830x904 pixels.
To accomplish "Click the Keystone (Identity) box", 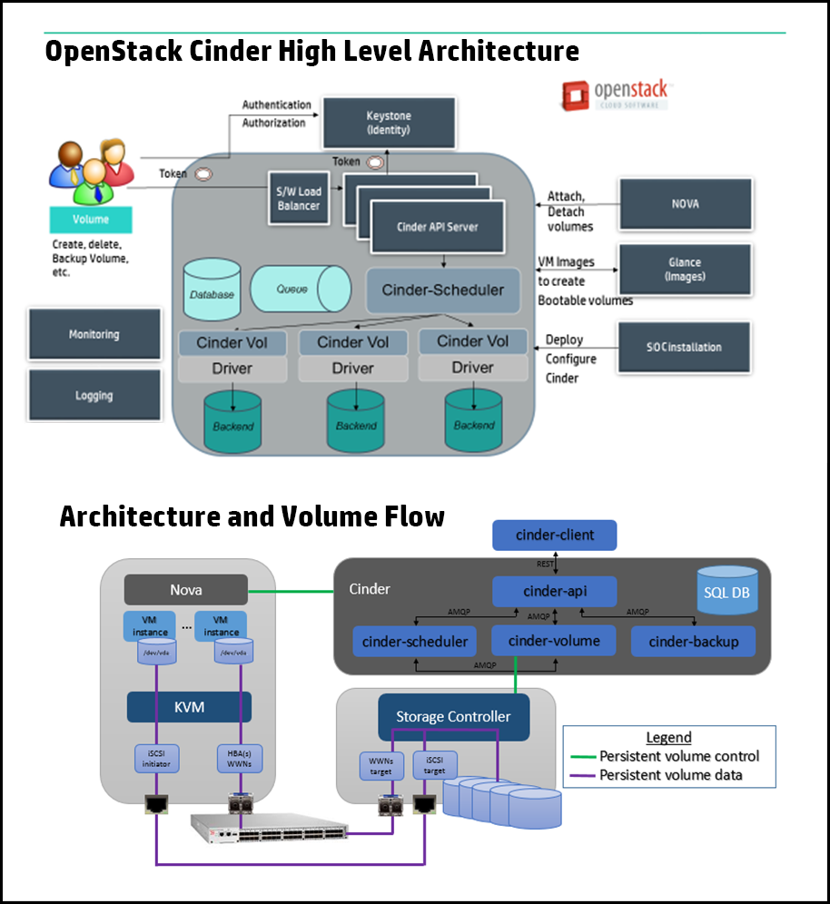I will (x=388, y=123).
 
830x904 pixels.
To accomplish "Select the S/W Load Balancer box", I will (x=299, y=199).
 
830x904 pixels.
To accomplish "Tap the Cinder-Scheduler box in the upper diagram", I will (x=442, y=290).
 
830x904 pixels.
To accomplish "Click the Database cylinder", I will (x=212, y=290).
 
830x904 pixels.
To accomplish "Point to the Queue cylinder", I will (x=300, y=290).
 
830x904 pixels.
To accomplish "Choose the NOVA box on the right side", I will (x=686, y=204).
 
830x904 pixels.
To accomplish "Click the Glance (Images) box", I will (x=685, y=270).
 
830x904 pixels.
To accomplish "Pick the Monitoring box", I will (x=94, y=334).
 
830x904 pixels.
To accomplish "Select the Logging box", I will (x=94, y=395).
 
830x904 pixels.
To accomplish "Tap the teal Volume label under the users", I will (x=90, y=220).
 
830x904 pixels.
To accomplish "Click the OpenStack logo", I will (x=615, y=94).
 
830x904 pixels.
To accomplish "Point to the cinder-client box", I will (x=555, y=535).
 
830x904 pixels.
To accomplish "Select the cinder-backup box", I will (x=694, y=642).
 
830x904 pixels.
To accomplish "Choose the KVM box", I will (x=188, y=706).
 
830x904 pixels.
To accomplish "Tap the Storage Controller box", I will (x=453, y=716).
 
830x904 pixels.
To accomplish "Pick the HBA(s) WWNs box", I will (x=241, y=760).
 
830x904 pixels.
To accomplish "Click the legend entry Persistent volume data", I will (x=670, y=774).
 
